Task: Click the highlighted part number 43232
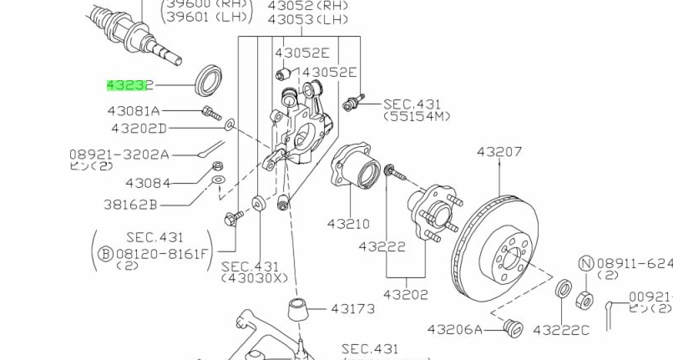click(x=130, y=85)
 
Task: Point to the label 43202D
click(x=139, y=128)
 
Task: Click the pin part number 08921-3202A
click(x=119, y=155)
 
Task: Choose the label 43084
click(x=148, y=183)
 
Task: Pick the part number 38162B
click(x=153, y=204)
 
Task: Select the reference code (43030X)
click(x=254, y=278)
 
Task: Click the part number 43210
click(x=347, y=224)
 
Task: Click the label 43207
click(x=499, y=152)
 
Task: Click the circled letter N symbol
click(x=585, y=264)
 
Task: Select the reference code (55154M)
click(x=417, y=117)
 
